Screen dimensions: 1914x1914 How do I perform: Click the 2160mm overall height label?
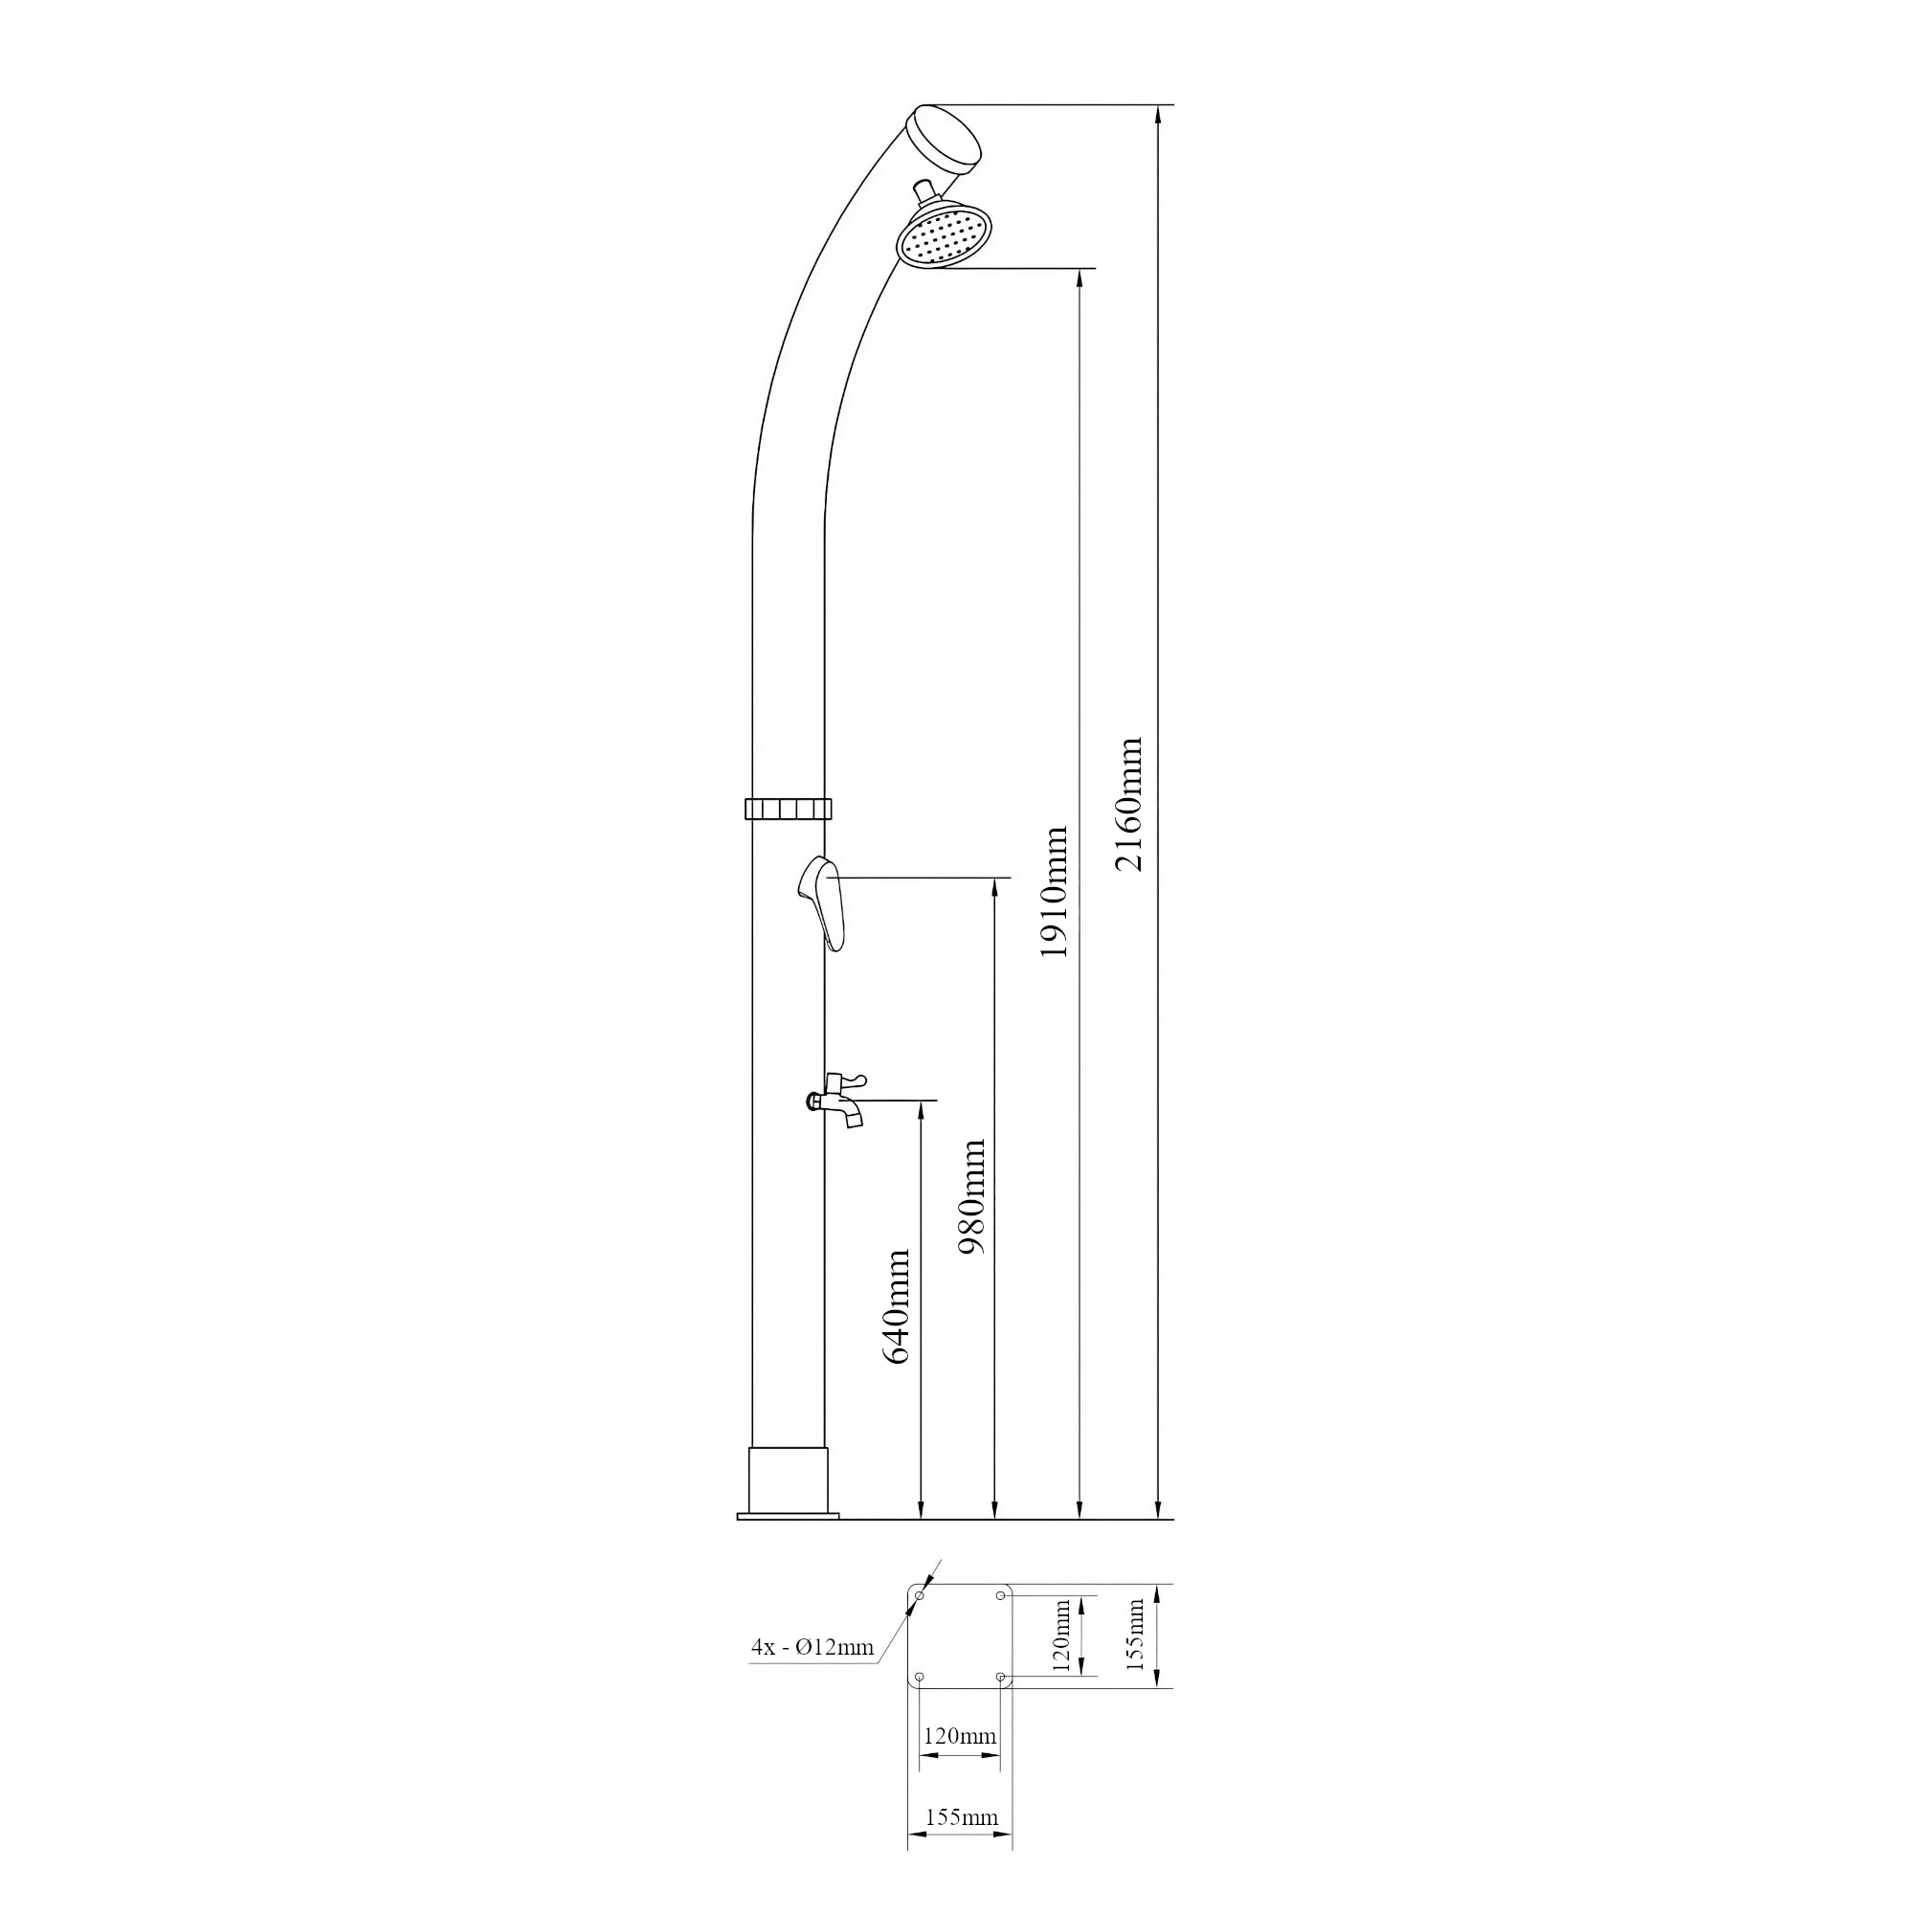point(1128,804)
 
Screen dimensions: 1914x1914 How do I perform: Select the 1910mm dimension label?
point(1054,892)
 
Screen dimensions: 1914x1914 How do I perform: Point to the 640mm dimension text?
point(896,1306)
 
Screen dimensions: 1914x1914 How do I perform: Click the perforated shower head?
point(945,233)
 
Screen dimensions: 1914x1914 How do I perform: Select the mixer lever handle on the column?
point(821,902)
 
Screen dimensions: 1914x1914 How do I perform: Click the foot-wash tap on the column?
point(836,1099)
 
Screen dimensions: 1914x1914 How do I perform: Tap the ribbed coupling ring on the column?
point(788,809)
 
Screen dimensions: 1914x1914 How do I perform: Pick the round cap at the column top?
point(945,138)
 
